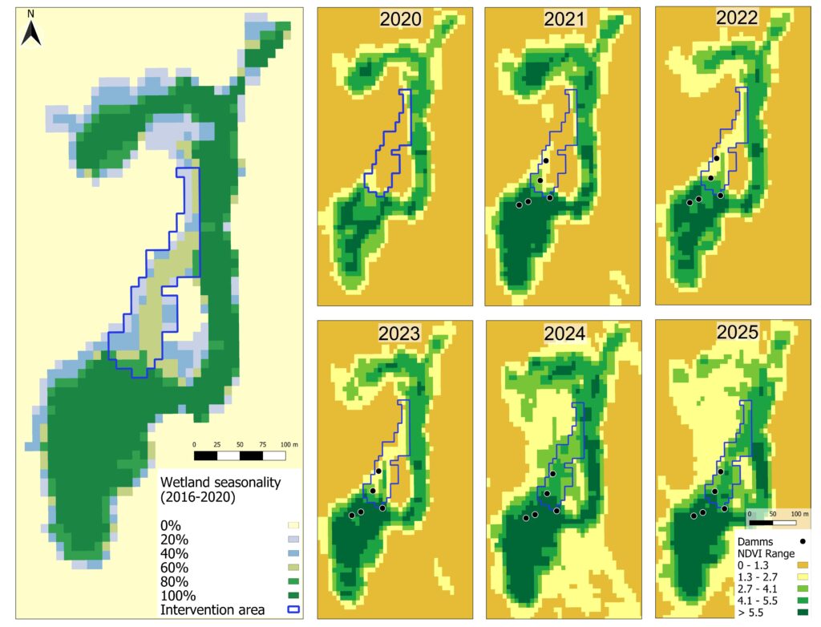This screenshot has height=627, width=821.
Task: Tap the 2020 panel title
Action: pyautogui.click(x=400, y=20)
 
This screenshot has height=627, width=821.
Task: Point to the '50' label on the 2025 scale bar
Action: pyautogui.click(x=772, y=513)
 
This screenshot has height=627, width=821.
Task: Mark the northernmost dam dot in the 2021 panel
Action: pyautogui.click(x=545, y=161)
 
